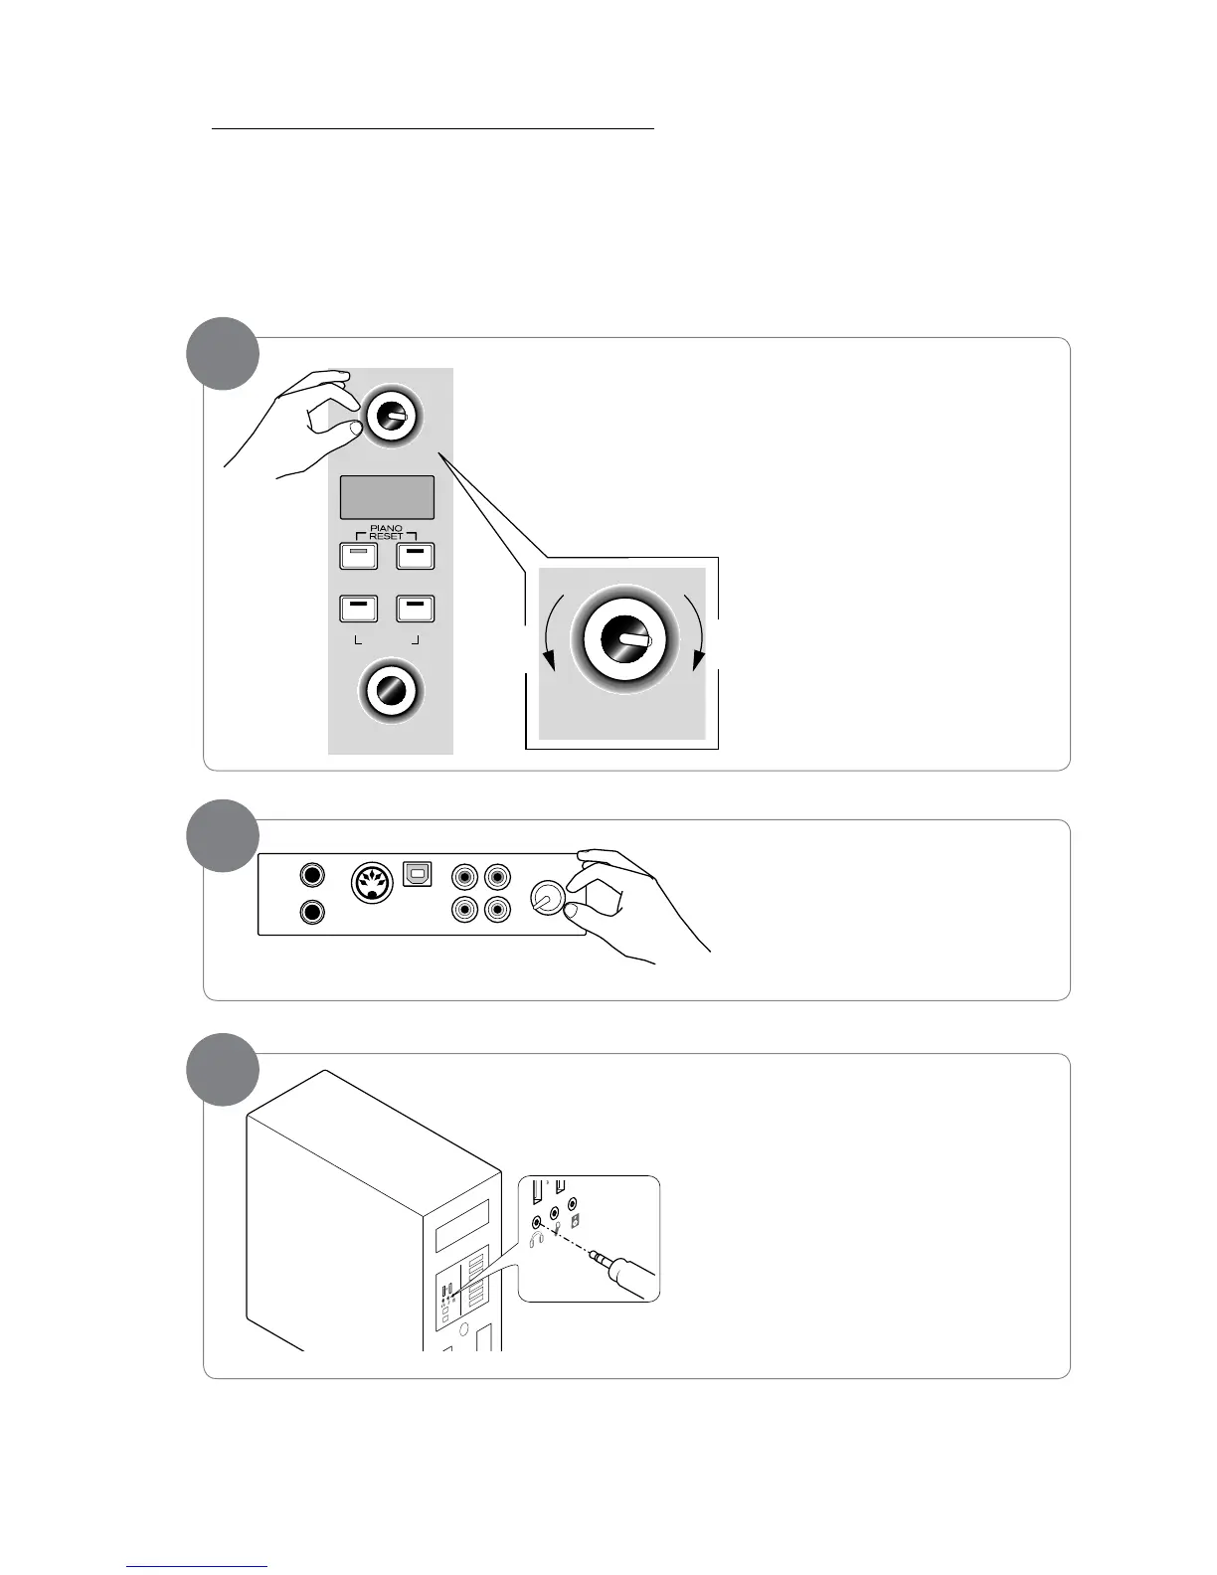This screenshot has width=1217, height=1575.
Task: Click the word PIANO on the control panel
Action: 387,528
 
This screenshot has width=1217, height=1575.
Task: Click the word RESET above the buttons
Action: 387,537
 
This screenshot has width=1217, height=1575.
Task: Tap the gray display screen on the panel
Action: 387,497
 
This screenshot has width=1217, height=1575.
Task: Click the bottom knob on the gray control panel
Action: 392,690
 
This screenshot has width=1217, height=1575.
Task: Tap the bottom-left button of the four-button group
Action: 359,608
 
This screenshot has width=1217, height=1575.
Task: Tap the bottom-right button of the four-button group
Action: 416,608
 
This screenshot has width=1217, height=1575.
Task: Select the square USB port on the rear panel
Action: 417,874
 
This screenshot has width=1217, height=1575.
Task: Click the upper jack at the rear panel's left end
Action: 312,875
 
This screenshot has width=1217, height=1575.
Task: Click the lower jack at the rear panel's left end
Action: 312,912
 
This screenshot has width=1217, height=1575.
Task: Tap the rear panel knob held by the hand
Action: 546,898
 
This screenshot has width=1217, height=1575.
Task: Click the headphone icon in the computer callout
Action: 538,1240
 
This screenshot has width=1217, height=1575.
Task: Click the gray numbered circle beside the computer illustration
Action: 224,1070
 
